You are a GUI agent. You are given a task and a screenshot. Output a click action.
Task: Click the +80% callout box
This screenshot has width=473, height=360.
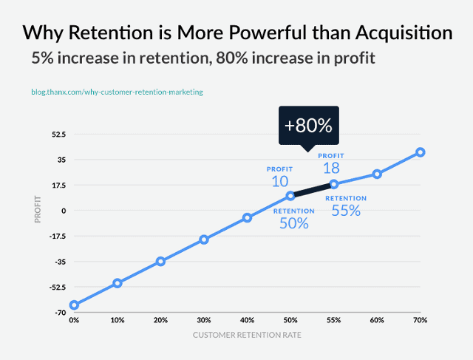[x=308, y=125]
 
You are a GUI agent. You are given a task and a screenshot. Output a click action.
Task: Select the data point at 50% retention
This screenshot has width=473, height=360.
[x=290, y=196]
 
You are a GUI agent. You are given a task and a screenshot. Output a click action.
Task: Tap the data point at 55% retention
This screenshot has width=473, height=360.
[x=334, y=184]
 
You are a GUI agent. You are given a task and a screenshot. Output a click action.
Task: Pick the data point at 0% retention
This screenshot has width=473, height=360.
[x=74, y=305]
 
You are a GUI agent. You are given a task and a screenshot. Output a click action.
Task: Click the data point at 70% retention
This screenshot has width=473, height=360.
[x=421, y=152]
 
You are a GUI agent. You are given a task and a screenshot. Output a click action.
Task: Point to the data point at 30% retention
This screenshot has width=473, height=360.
[x=204, y=240]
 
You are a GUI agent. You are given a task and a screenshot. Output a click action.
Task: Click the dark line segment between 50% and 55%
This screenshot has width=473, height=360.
[x=312, y=190]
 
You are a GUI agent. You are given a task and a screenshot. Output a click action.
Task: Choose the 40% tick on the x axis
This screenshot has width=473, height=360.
[x=247, y=320]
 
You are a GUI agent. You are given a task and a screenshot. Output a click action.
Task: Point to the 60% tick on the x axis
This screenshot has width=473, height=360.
[x=377, y=320]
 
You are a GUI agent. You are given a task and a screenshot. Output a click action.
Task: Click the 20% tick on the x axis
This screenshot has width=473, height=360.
[x=160, y=320]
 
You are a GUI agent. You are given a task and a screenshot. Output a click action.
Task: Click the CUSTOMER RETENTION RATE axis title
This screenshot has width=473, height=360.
[x=247, y=335]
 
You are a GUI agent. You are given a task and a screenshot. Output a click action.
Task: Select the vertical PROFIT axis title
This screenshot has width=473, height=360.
[x=37, y=211]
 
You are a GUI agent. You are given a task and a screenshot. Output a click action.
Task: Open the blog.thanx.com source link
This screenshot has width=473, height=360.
[x=117, y=92]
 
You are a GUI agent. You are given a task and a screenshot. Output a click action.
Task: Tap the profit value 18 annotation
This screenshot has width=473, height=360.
[x=331, y=167]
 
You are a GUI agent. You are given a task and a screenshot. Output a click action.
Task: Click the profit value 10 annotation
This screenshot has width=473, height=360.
[x=279, y=181]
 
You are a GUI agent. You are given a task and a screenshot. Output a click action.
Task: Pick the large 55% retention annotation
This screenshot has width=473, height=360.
[x=345, y=210]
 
